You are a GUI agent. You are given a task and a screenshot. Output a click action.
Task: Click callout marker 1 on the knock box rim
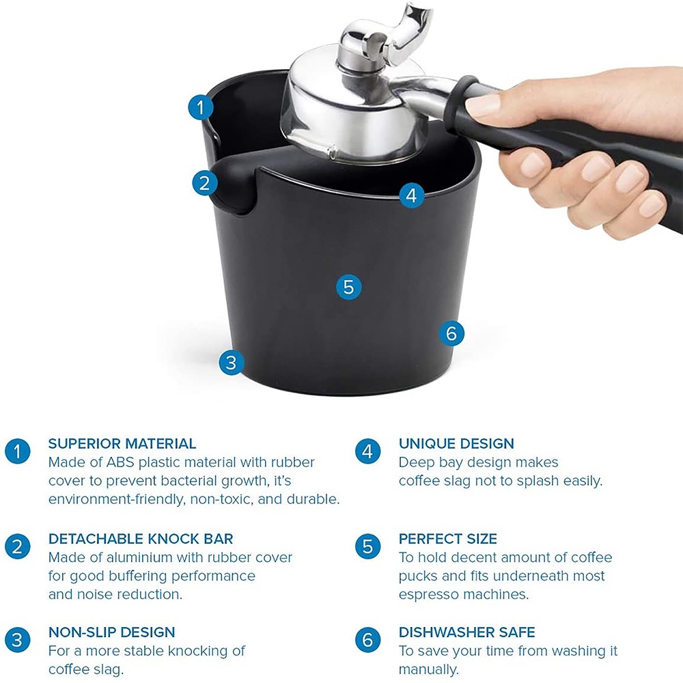pos(201,107)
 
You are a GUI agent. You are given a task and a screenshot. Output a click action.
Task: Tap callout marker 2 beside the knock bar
pos(205,183)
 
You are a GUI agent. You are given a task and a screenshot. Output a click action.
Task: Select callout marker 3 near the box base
pos(232,363)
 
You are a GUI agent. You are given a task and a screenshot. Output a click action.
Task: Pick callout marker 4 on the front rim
pos(411,195)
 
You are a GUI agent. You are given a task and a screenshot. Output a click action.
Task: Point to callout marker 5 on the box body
pos(348,287)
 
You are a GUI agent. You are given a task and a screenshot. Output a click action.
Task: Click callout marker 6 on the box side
pos(451,334)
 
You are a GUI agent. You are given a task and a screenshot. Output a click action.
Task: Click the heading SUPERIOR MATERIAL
pos(122,443)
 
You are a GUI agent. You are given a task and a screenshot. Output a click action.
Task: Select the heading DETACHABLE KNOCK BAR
pos(141,539)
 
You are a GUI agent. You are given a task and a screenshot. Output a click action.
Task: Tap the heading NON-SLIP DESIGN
pos(111,632)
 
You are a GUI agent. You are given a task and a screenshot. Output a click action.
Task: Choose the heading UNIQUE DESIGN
pos(456,443)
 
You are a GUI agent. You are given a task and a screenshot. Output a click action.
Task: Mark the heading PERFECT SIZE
pos(448,539)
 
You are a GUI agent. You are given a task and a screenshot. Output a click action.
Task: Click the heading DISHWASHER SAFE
pos(467,632)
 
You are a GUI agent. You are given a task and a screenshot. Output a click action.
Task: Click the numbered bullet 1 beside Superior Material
pos(18,451)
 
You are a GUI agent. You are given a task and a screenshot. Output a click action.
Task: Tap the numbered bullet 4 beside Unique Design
pos(367,451)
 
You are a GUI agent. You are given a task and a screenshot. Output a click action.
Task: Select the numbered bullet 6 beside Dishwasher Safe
pos(367,640)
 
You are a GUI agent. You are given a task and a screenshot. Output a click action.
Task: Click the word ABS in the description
pos(120,462)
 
